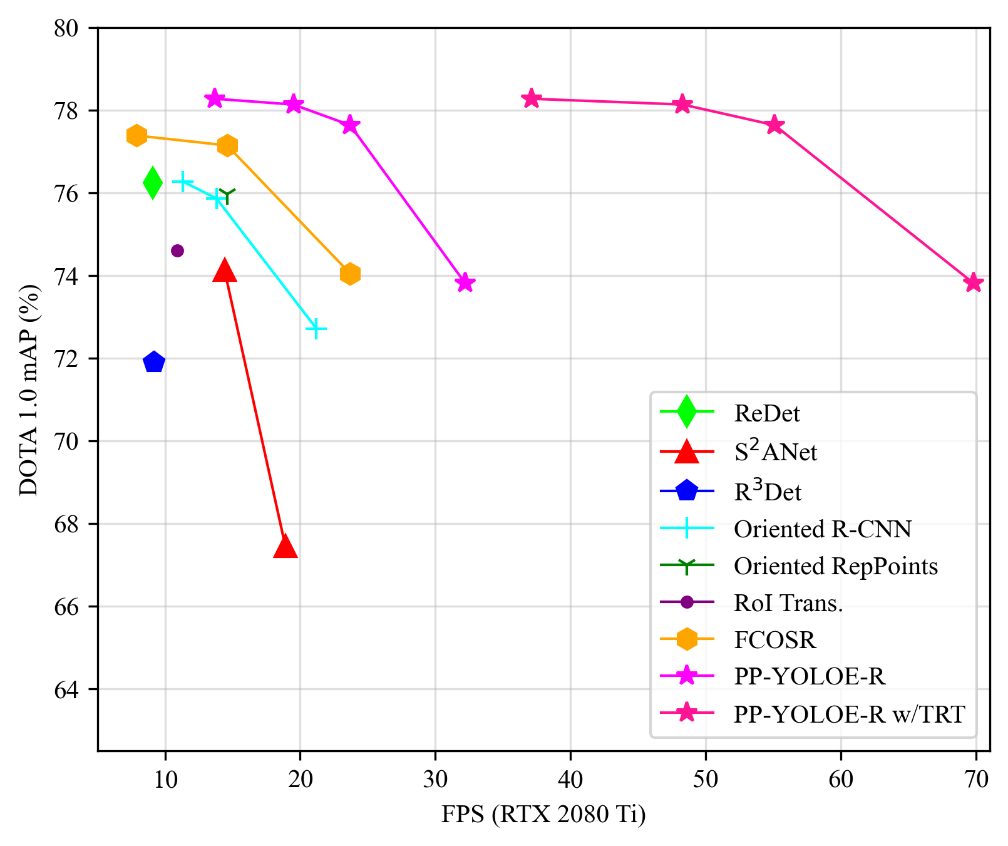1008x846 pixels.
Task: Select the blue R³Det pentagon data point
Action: point(153,362)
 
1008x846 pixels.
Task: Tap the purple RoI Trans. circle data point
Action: point(177,250)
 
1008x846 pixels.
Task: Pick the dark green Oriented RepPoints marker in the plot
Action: point(227,196)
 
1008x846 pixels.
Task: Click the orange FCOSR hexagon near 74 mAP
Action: point(350,274)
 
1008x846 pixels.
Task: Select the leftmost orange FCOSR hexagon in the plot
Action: point(136,135)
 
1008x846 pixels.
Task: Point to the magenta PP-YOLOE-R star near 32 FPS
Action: point(465,282)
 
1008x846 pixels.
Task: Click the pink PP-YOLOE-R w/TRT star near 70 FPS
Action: point(973,282)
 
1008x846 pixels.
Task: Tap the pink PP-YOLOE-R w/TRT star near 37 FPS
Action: point(532,98)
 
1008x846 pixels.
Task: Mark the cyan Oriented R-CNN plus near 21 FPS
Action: point(316,328)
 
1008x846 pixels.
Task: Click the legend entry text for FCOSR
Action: point(774,640)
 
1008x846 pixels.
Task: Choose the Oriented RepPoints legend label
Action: point(835,566)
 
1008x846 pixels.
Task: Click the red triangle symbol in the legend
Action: point(687,451)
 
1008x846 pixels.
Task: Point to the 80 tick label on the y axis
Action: point(66,29)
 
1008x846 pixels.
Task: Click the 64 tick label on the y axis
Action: point(66,689)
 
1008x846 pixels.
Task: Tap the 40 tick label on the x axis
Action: point(570,779)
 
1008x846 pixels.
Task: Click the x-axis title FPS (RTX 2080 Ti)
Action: point(543,815)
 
